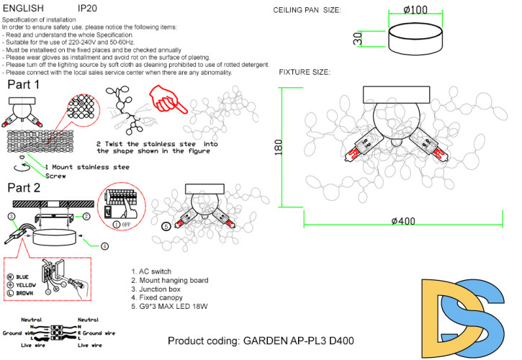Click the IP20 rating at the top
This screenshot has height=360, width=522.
[x=87, y=9]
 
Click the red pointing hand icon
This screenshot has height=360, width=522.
[x=168, y=99]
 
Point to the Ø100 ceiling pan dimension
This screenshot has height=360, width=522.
[x=416, y=12]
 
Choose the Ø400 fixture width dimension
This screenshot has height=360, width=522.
[x=403, y=221]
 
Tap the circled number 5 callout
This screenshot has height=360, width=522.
[x=166, y=225]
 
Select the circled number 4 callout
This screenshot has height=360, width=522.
[x=104, y=246]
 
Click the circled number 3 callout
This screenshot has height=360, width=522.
[x=12, y=216]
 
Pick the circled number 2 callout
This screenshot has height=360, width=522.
[x=85, y=216]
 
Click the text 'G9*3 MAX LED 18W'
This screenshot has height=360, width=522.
[x=173, y=306]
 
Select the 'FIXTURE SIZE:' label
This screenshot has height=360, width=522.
[x=305, y=73]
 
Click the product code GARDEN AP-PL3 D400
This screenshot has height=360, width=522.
[x=260, y=340]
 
